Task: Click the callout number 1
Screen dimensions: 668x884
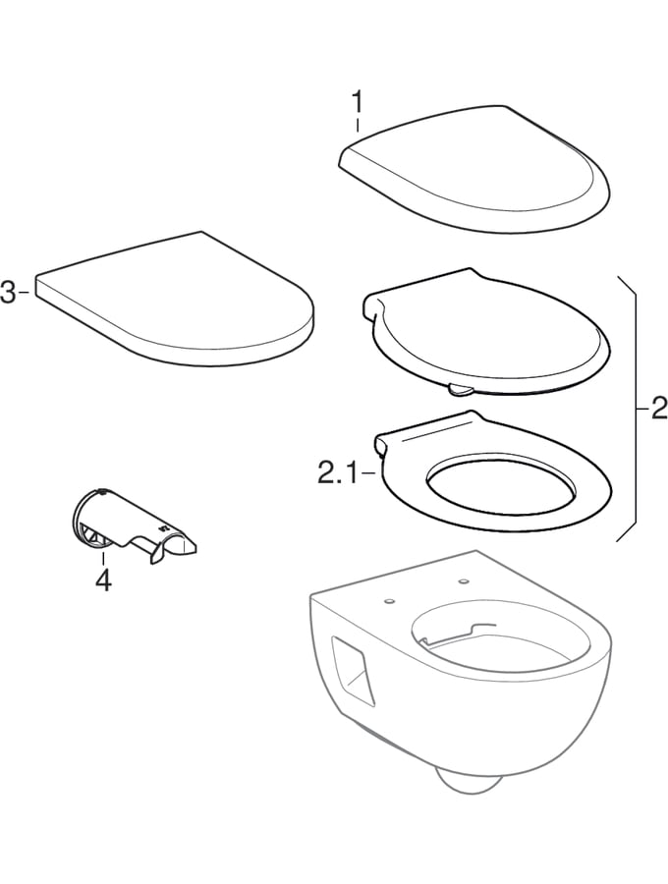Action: tap(358, 103)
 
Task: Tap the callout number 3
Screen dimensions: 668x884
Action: tap(8, 293)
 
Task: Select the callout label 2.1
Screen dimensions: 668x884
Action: tap(337, 474)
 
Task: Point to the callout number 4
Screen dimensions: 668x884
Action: tap(103, 580)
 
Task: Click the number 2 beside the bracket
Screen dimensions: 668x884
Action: tap(658, 409)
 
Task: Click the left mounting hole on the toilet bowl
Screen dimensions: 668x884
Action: tap(388, 601)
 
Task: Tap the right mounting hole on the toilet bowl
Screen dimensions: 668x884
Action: tap(464, 580)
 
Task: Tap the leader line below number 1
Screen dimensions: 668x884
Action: tap(358, 125)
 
